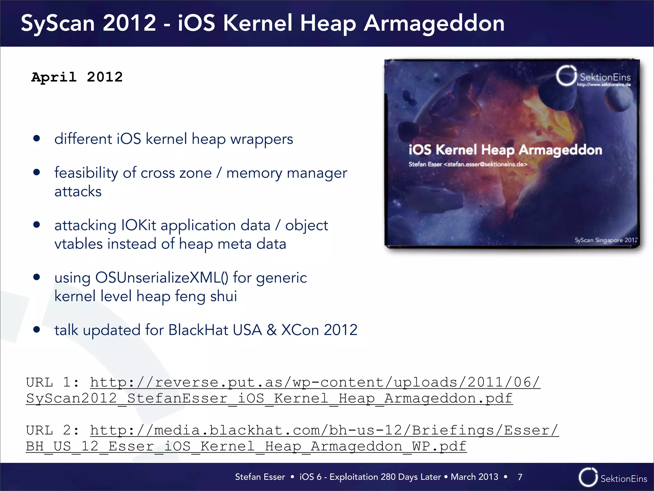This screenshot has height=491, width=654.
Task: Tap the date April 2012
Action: point(77,77)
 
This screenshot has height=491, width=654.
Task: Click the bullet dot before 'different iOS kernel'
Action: point(37,138)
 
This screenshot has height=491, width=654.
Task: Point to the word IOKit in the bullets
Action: point(139,225)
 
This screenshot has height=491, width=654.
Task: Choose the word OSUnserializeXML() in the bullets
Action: point(162,277)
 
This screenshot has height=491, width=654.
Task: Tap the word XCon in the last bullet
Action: point(300,330)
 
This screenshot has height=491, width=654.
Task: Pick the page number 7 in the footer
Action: point(520,477)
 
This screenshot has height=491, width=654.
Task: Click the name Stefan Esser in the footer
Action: point(260,477)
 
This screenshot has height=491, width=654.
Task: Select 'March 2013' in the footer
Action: point(474,477)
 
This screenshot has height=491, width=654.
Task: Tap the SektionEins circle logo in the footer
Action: point(588,477)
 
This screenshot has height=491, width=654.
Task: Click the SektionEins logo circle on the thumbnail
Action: point(566,76)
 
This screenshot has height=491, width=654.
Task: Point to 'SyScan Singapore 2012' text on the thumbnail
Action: point(605,240)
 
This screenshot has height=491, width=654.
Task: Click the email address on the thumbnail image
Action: point(485,164)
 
